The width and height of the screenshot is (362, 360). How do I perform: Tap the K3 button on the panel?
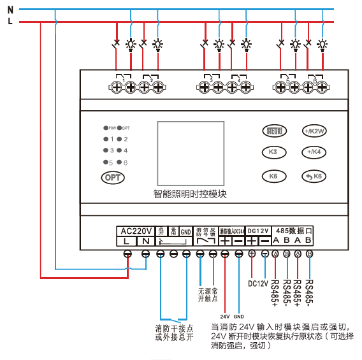tap(272, 152)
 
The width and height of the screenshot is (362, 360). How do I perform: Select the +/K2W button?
tap(314, 131)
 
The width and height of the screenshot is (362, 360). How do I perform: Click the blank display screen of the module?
tap(190, 153)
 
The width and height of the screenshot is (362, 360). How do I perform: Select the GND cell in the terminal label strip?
tap(185, 231)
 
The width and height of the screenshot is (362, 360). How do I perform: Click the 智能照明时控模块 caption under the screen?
tap(190, 194)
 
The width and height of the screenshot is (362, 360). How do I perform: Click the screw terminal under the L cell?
tap(127, 254)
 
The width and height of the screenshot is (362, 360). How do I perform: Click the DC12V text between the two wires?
tap(257, 283)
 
